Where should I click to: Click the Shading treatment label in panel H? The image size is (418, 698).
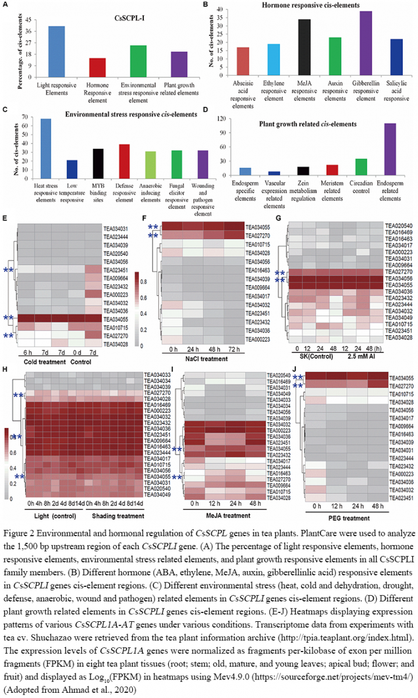point(115,515)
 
